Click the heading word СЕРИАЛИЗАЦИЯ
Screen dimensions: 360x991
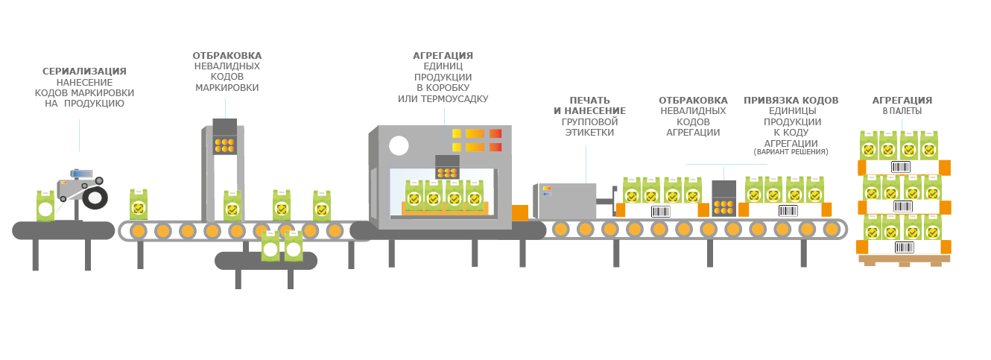(x=84, y=72)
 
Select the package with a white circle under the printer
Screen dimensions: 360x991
(x=45, y=206)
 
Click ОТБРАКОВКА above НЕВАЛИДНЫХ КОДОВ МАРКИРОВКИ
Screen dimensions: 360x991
(x=227, y=56)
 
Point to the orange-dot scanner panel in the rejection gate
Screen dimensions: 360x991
(x=224, y=144)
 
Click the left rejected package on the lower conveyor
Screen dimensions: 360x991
(x=270, y=247)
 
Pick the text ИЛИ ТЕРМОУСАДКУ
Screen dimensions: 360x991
(x=443, y=98)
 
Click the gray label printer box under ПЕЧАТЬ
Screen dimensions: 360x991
(x=565, y=201)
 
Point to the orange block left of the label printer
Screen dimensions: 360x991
(x=520, y=212)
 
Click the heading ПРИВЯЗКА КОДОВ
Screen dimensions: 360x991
(x=791, y=101)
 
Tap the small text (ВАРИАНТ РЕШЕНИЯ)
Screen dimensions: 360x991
(x=791, y=152)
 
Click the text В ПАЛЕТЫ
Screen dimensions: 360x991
(x=902, y=111)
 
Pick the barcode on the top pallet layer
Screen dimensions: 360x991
(x=902, y=167)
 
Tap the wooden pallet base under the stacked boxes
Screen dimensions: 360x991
(x=904, y=260)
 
